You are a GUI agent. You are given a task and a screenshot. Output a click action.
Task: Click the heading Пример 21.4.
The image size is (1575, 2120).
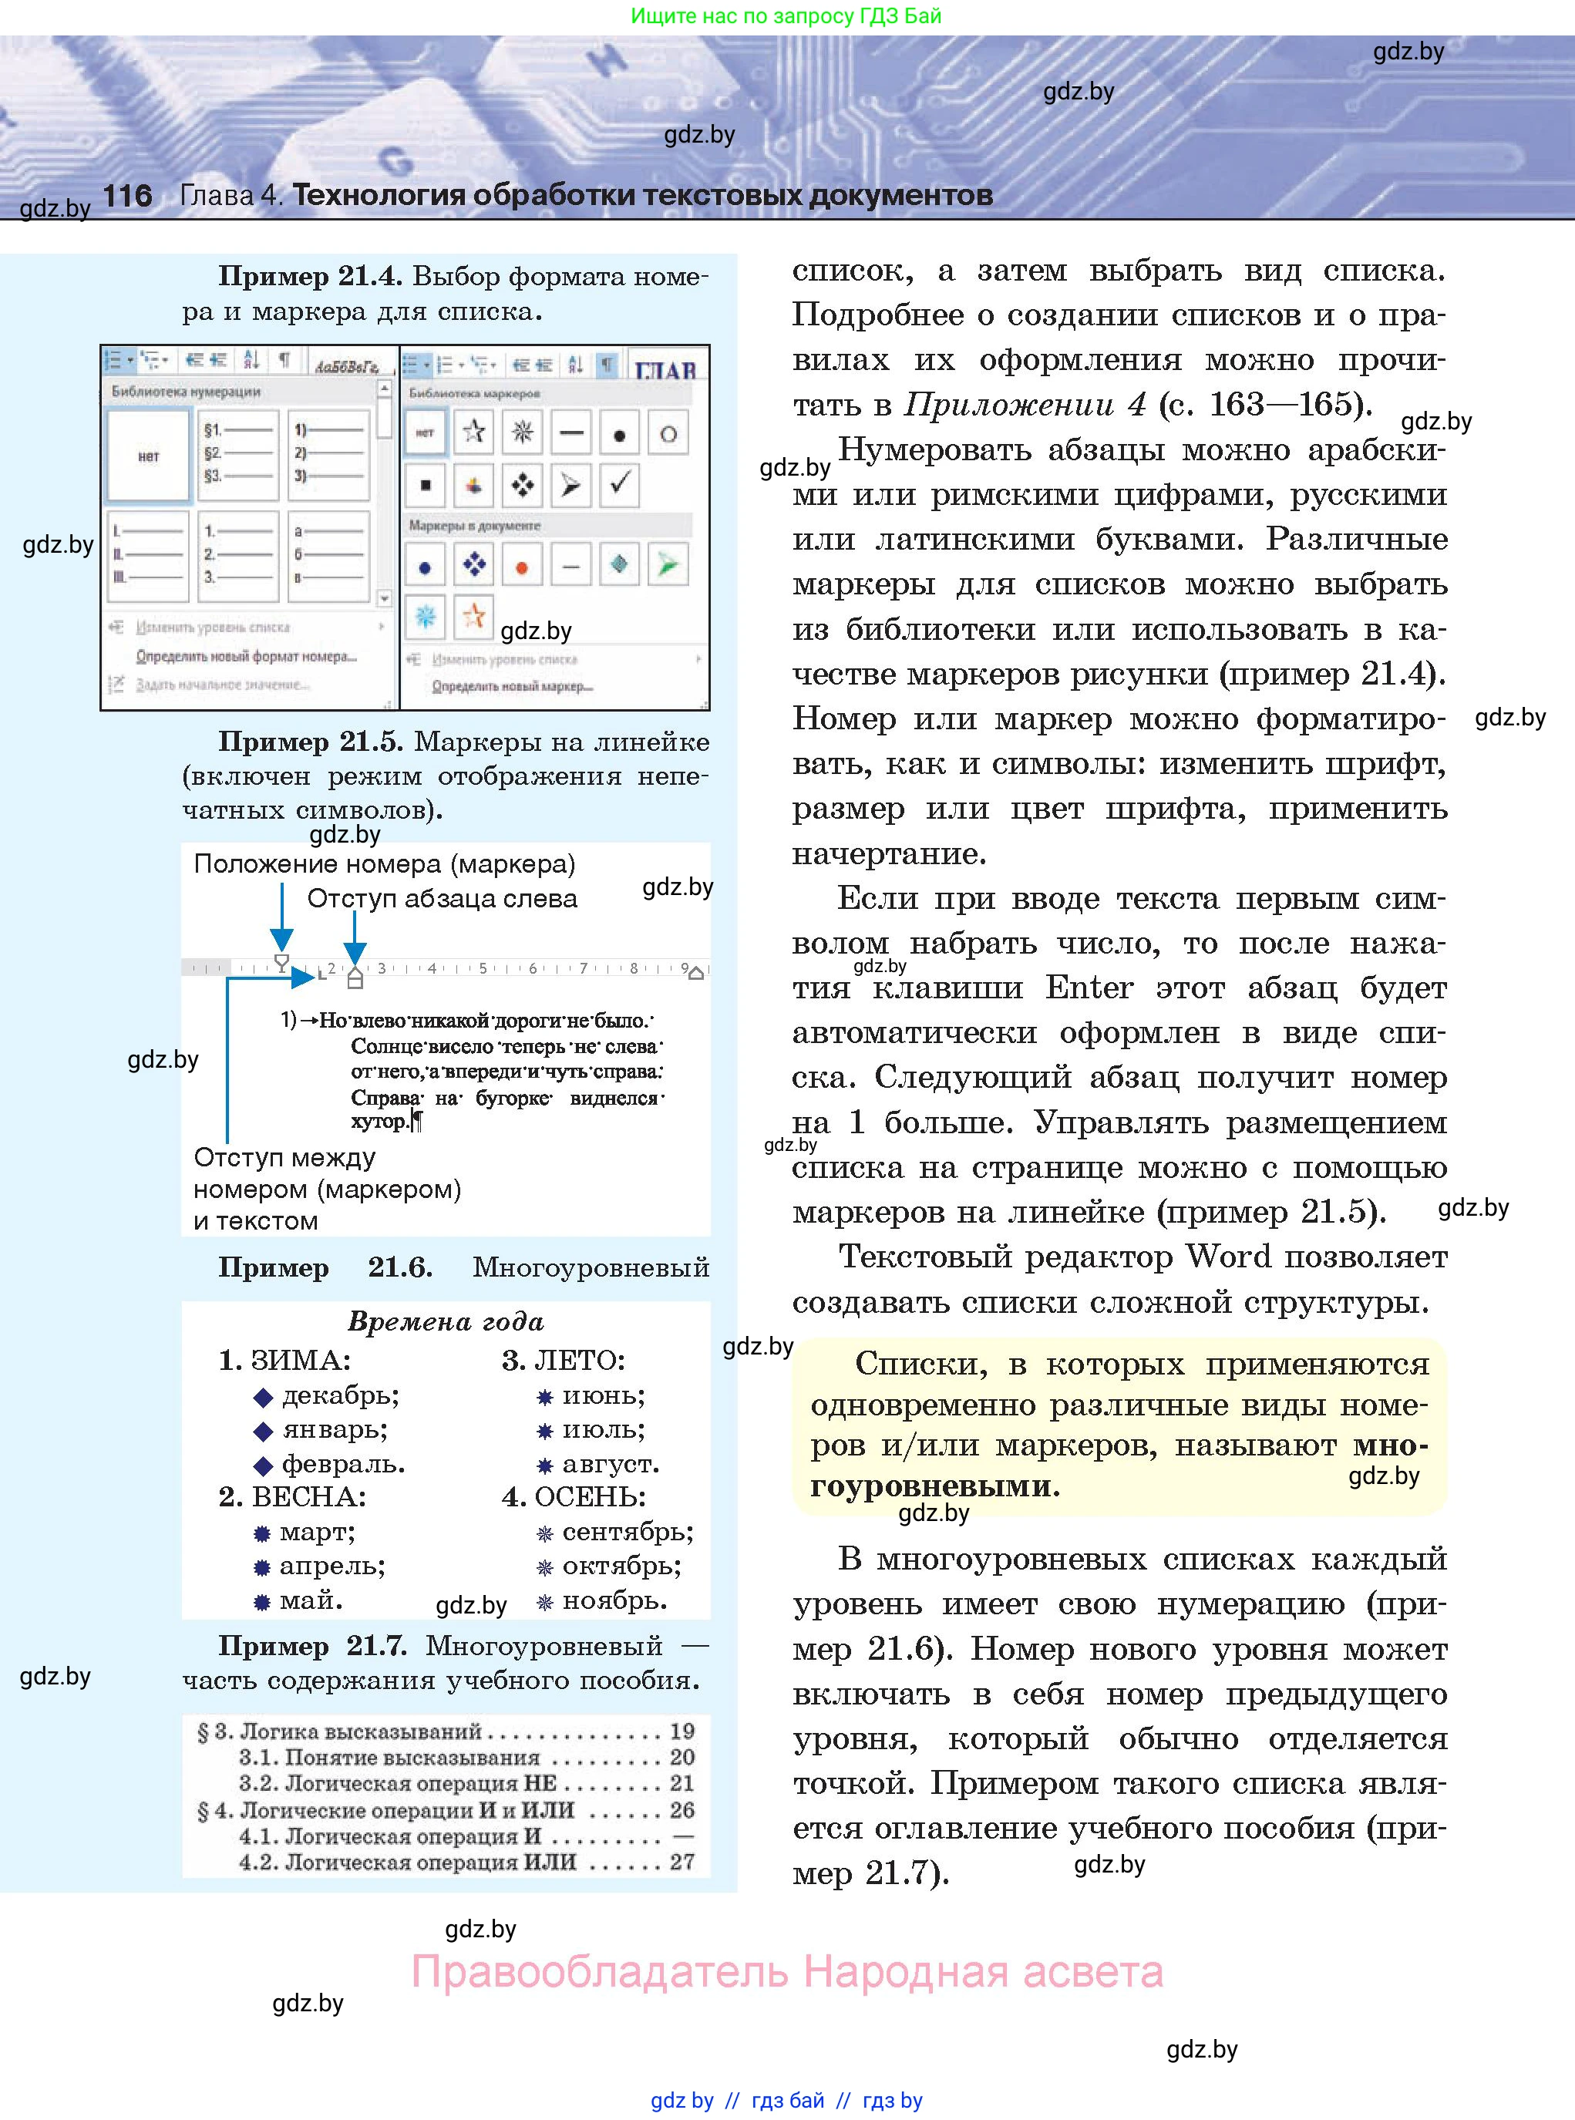(311, 277)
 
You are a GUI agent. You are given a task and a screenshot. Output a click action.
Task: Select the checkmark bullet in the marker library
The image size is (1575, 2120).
(619, 484)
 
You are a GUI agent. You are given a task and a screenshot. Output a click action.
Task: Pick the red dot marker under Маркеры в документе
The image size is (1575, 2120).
(521, 567)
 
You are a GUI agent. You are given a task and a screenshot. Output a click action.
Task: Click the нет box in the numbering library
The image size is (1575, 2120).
(149, 456)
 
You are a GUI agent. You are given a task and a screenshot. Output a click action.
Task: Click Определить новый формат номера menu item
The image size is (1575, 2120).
(246, 656)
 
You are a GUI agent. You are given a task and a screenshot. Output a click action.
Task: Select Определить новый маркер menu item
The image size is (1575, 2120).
(512, 685)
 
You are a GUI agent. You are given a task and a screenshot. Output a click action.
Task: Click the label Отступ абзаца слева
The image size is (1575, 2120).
(443, 898)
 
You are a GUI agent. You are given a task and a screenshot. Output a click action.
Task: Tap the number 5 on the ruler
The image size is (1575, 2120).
(483, 968)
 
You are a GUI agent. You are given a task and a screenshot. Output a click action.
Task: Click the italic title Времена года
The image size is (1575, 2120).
(446, 1321)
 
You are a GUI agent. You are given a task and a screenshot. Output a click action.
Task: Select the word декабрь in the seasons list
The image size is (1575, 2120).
(340, 1395)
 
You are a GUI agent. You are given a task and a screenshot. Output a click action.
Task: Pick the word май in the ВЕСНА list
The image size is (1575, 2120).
(311, 1600)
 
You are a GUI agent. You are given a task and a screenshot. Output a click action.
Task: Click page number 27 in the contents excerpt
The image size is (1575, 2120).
(681, 1862)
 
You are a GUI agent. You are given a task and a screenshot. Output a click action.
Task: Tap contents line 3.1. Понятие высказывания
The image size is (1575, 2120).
(389, 1757)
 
